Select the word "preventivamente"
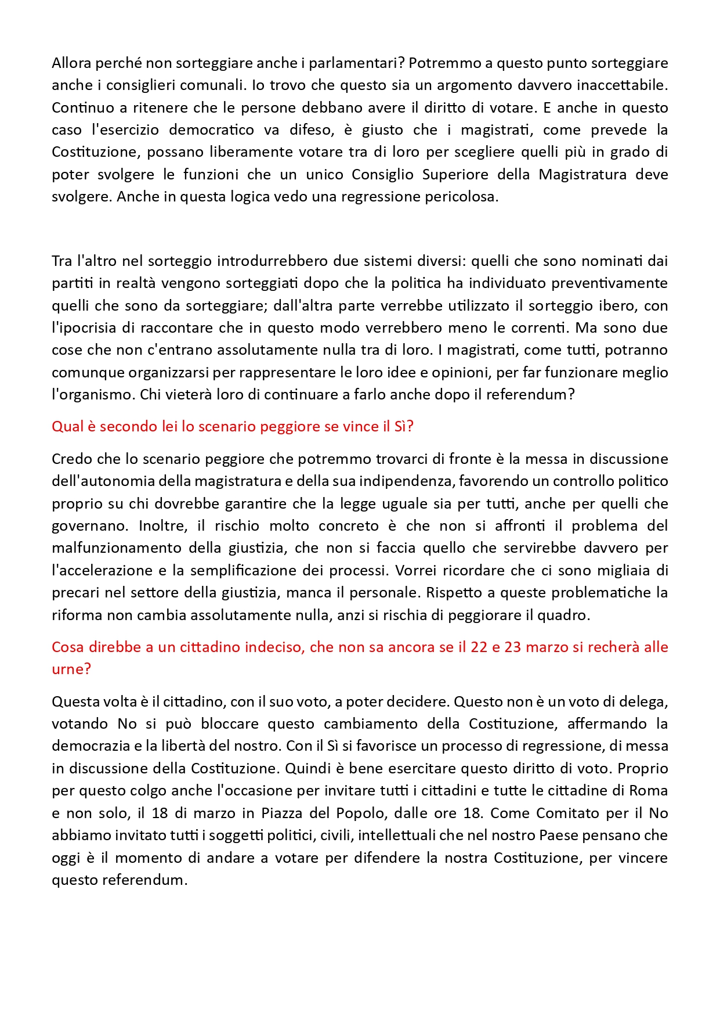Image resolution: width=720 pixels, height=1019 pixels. pyautogui.click(x=609, y=283)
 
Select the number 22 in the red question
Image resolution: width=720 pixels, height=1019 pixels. pyautogui.click(x=479, y=647)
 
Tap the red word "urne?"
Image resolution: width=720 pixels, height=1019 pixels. pyautogui.click(x=71, y=669)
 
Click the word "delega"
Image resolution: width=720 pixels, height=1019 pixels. pyautogui.click(x=643, y=701)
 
